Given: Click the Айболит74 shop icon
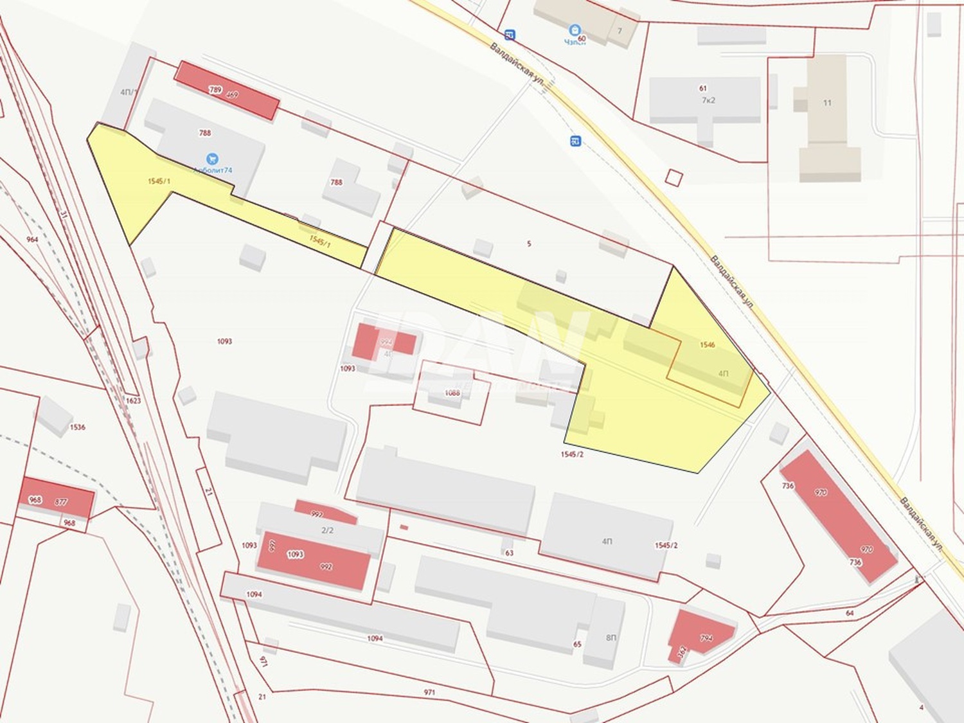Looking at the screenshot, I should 212,159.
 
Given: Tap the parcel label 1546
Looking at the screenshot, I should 707,345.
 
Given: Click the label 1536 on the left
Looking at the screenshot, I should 78,427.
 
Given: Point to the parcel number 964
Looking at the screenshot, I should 32,240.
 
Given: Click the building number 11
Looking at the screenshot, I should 827,103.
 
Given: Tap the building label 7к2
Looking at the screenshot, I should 708,100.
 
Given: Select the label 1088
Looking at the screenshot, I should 452,393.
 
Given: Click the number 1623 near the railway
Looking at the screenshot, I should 133,400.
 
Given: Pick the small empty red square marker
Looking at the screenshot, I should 673,177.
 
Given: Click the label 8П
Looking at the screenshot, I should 611,638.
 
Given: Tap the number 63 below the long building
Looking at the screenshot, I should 510,553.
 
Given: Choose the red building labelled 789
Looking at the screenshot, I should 226,90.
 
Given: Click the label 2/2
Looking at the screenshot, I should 327,530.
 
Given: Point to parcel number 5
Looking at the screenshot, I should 529,244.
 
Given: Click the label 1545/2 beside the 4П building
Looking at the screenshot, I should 666,545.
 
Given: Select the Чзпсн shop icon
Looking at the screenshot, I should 575,30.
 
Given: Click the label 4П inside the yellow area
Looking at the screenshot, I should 724,373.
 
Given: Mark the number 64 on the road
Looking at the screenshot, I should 850,613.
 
